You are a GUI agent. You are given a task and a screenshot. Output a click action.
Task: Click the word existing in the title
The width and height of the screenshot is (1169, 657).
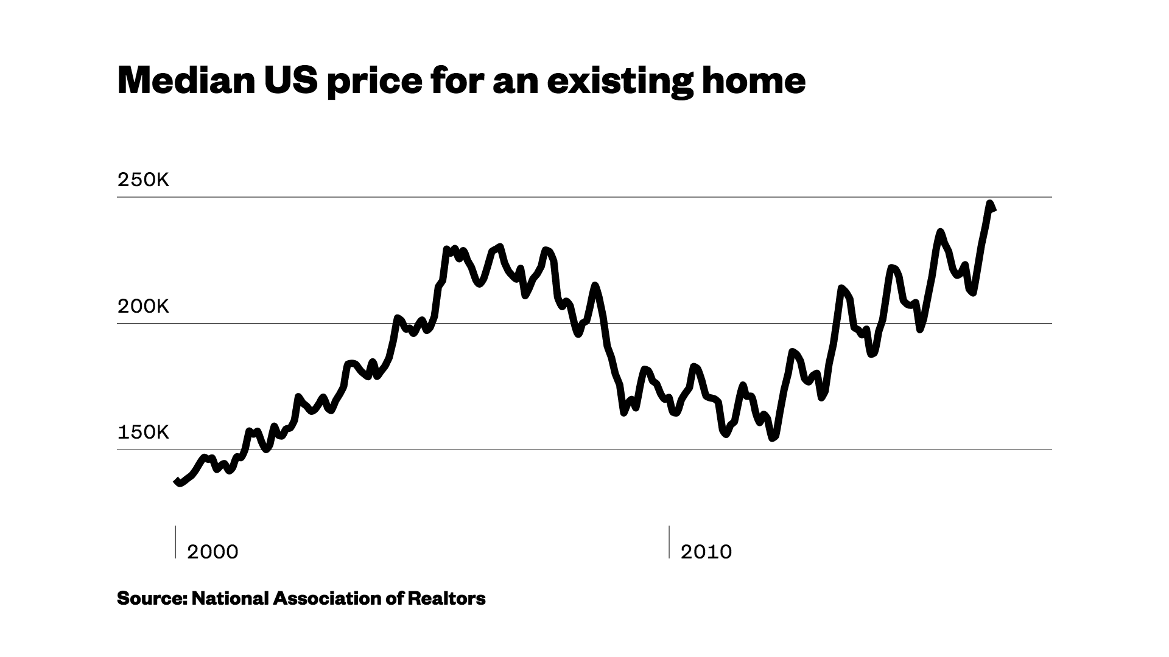click(x=620, y=82)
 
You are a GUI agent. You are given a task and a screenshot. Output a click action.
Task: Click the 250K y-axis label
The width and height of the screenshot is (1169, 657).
click(x=143, y=181)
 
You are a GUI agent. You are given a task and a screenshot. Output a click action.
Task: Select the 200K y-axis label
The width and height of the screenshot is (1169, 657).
click(x=143, y=307)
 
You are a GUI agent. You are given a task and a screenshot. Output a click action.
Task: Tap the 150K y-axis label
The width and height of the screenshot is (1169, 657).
click(x=143, y=433)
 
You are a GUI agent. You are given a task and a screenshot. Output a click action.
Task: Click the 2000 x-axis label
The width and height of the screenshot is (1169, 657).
click(x=212, y=552)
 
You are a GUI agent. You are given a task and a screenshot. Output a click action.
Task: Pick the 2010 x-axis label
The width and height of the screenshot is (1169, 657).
click(x=706, y=552)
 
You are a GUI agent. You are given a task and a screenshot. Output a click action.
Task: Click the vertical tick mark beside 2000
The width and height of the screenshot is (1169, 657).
click(x=176, y=541)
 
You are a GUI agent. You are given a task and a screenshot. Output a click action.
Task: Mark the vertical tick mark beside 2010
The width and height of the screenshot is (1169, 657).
click(x=670, y=541)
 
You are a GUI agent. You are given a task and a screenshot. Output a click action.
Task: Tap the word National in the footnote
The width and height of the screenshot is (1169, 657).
click(x=230, y=599)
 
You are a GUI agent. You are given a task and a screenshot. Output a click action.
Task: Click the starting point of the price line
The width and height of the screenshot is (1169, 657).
click(x=177, y=482)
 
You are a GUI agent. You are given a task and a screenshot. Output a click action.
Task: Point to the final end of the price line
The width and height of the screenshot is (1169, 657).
click(x=993, y=209)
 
